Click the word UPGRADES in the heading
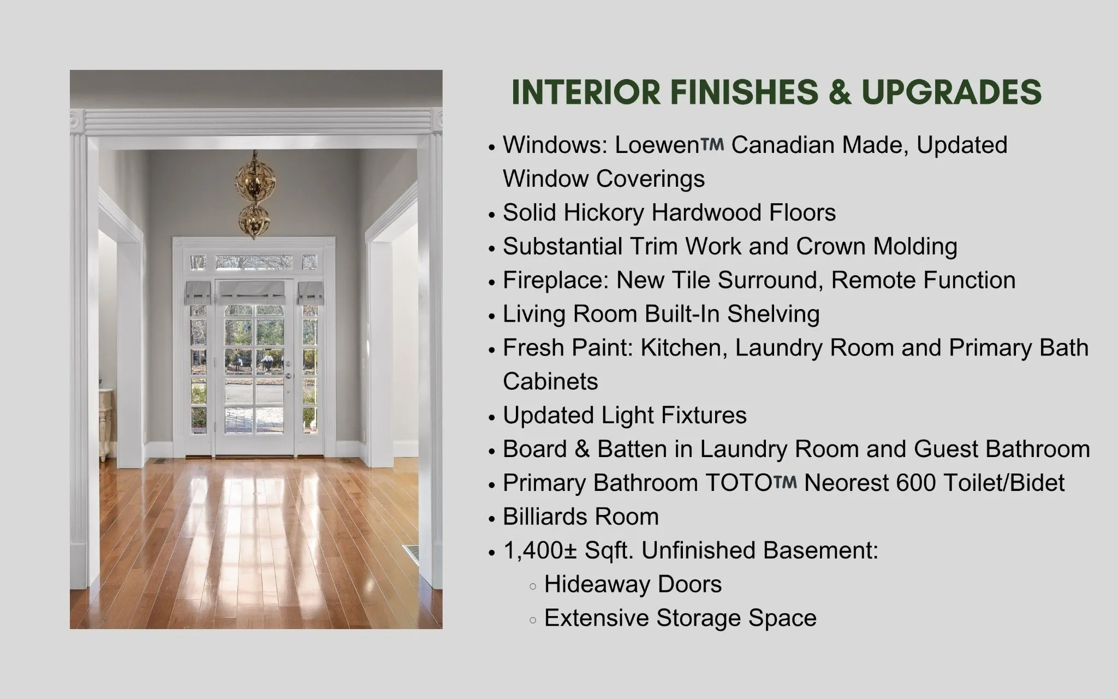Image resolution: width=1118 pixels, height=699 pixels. [952, 92]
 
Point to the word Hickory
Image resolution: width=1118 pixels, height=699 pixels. [603, 213]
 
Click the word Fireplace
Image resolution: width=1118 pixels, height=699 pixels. [556, 281]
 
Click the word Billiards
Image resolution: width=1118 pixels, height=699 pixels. [545, 517]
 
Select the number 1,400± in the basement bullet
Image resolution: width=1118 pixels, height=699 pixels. [540, 551]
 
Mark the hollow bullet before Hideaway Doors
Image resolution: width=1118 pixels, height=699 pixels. [533, 587]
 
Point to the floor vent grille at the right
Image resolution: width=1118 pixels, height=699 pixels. [411, 555]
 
